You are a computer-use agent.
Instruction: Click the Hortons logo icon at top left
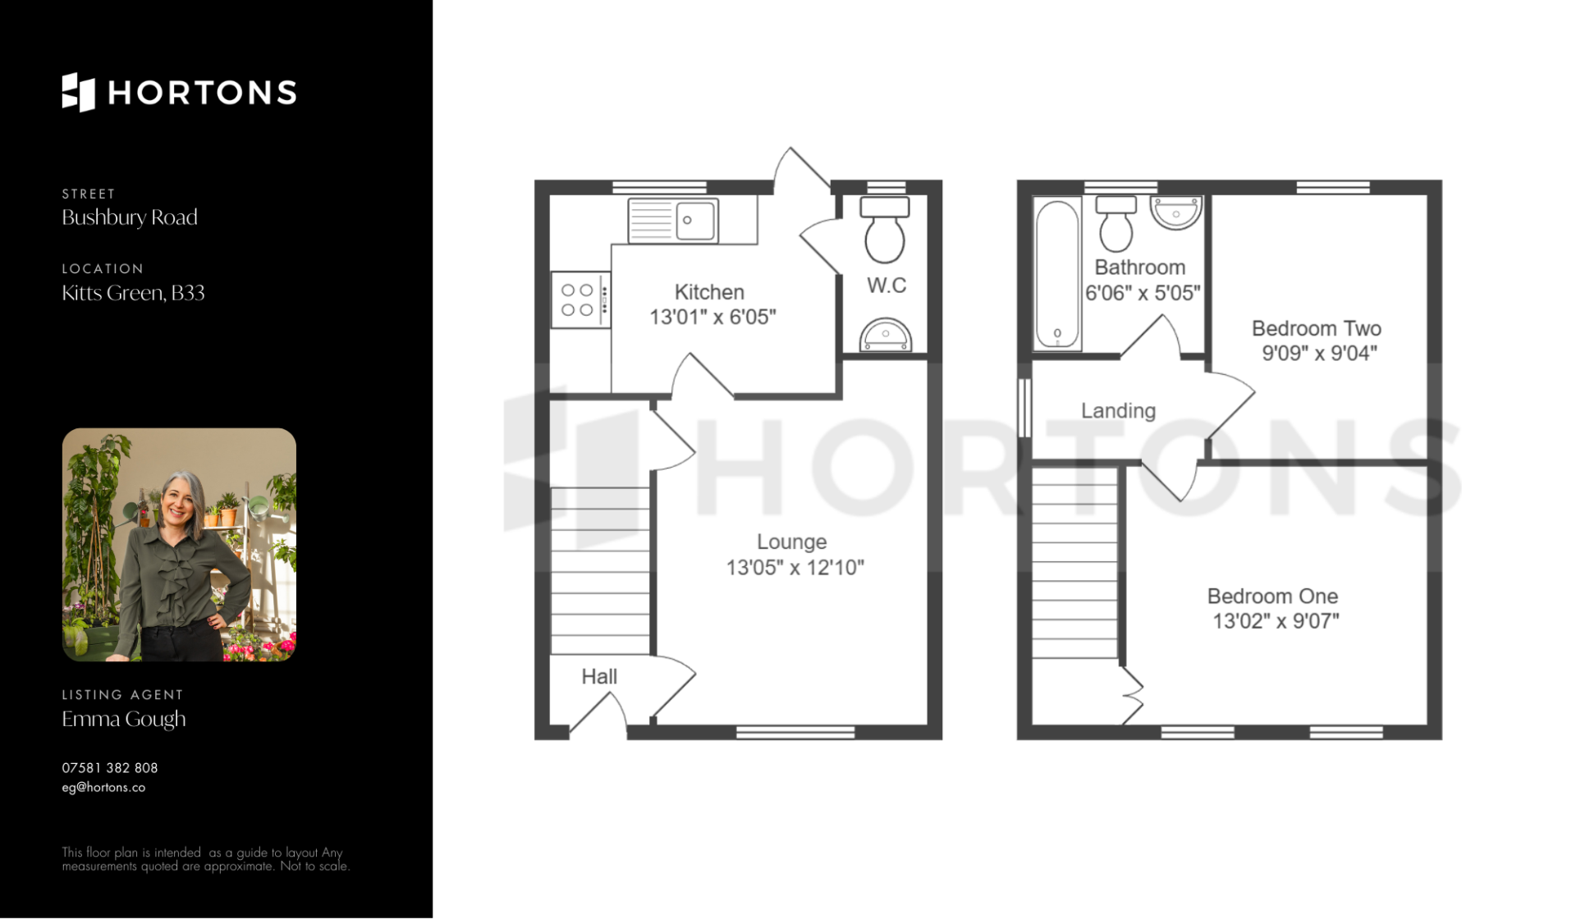79,92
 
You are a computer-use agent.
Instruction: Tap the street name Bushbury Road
130,217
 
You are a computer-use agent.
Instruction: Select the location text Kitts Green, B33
133,293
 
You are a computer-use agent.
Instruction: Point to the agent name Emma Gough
124,719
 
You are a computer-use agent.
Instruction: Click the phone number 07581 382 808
110,768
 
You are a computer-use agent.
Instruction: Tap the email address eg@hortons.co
103,787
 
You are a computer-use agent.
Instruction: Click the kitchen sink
673,220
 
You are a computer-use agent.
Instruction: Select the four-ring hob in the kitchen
580,299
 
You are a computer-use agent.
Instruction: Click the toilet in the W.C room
885,229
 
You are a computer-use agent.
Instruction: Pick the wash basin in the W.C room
886,336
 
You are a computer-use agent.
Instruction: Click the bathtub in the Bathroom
1056,273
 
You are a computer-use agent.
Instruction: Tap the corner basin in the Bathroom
1176,212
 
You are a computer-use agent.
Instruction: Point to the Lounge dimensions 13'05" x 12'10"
795,568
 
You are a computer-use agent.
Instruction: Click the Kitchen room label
709,292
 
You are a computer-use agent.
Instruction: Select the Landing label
1118,411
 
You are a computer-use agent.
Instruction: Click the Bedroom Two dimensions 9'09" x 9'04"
1319,354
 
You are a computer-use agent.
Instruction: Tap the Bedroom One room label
1272,597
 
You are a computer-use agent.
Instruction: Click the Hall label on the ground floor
599,677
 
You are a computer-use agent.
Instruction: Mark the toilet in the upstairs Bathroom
1116,222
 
